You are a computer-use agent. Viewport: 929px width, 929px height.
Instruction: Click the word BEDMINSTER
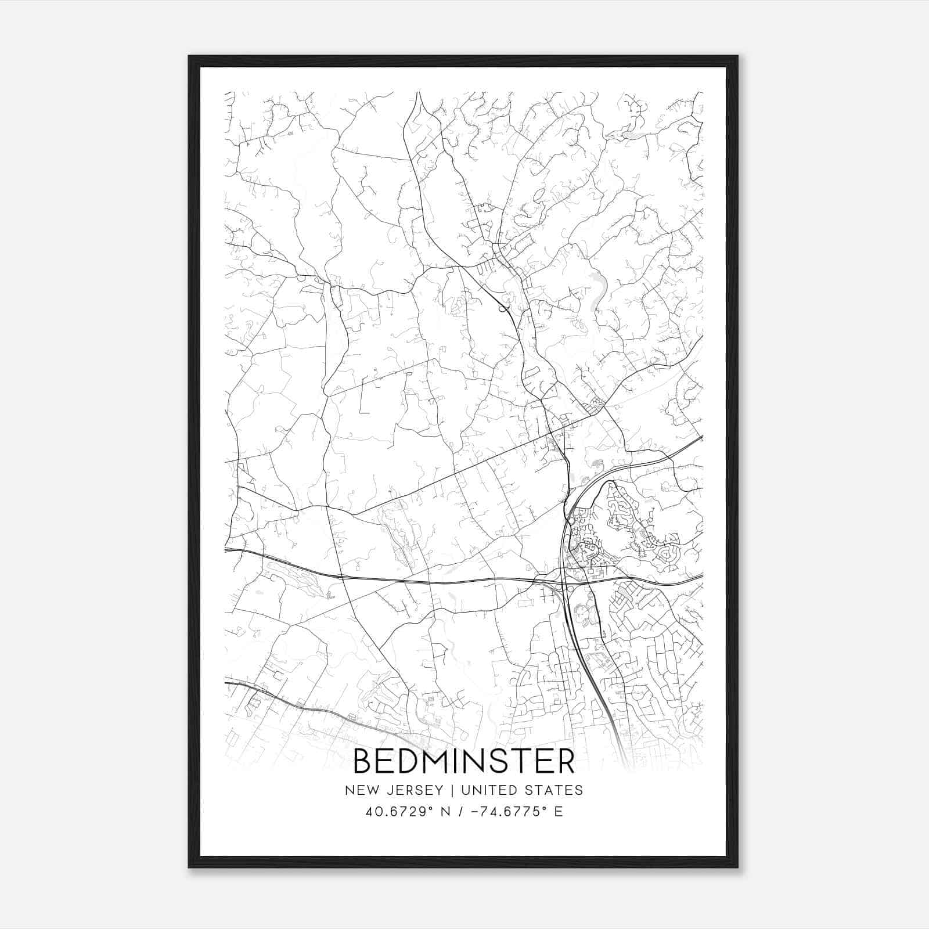coord(464,761)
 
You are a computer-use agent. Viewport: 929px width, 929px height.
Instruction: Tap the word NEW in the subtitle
coord(360,790)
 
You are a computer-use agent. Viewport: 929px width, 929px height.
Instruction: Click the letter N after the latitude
coord(446,812)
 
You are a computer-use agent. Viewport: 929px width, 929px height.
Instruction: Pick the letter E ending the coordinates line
coord(559,812)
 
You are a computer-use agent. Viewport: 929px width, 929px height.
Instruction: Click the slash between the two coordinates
coord(461,812)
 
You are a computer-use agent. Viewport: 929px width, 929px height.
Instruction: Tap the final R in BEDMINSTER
coord(565,761)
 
